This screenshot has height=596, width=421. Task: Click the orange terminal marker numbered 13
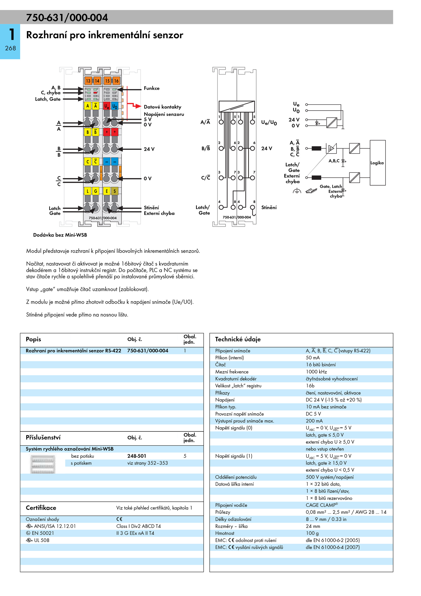[88, 81]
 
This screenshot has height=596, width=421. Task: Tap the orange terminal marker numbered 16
[116, 81]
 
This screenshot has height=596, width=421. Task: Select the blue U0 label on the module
[115, 106]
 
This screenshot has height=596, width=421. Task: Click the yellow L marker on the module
[88, 191]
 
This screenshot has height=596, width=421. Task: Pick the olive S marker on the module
[115, 191]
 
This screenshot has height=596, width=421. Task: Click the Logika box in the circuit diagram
[378, 163]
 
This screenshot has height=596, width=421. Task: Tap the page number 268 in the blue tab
[11, 48]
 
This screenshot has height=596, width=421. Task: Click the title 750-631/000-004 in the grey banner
[67, 18]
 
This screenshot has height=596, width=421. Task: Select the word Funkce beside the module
[152, 88]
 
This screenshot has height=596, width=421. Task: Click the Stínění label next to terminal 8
[269, 208]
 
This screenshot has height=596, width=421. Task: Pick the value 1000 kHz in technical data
[316, 372]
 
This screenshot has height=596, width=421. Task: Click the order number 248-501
[137, 456]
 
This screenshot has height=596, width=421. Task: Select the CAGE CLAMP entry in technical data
[322, 505]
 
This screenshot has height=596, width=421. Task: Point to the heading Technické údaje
[238, 339]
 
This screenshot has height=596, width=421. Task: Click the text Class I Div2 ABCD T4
[138, 526]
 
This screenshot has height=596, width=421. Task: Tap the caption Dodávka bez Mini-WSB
[60, 235]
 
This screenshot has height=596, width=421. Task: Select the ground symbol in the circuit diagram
[297, 191]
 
